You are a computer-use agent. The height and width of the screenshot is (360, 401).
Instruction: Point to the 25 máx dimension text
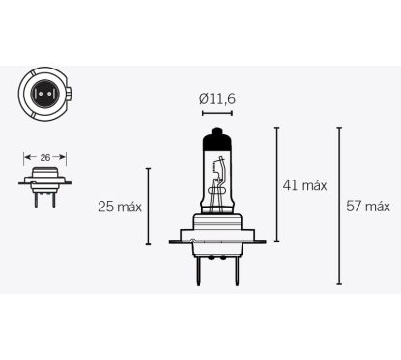(x=120, y=206)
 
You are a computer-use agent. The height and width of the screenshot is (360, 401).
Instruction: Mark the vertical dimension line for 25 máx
(x=148, y=206)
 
